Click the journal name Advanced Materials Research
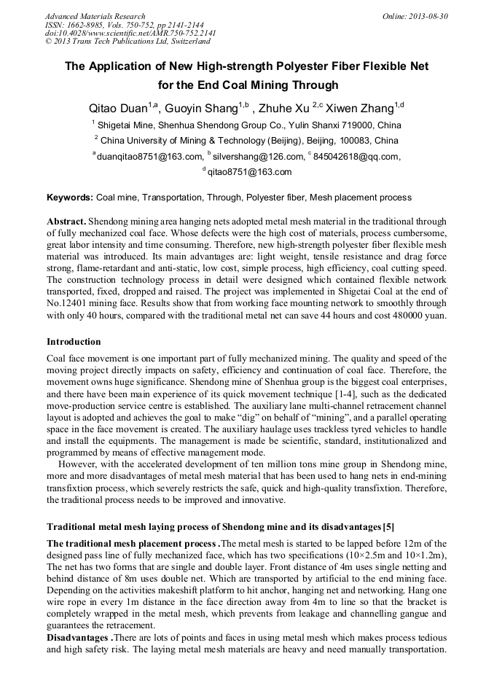point(95,16)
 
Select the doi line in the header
point(130,33)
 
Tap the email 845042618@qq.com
point(356,157)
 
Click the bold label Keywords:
point(70,198)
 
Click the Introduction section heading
point(74,341)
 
